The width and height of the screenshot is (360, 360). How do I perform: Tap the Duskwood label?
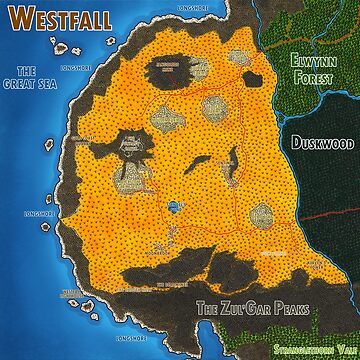point(319,143)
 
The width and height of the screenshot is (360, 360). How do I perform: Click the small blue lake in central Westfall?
point(176,206)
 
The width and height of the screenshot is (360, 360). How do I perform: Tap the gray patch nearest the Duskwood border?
point(262,212)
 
